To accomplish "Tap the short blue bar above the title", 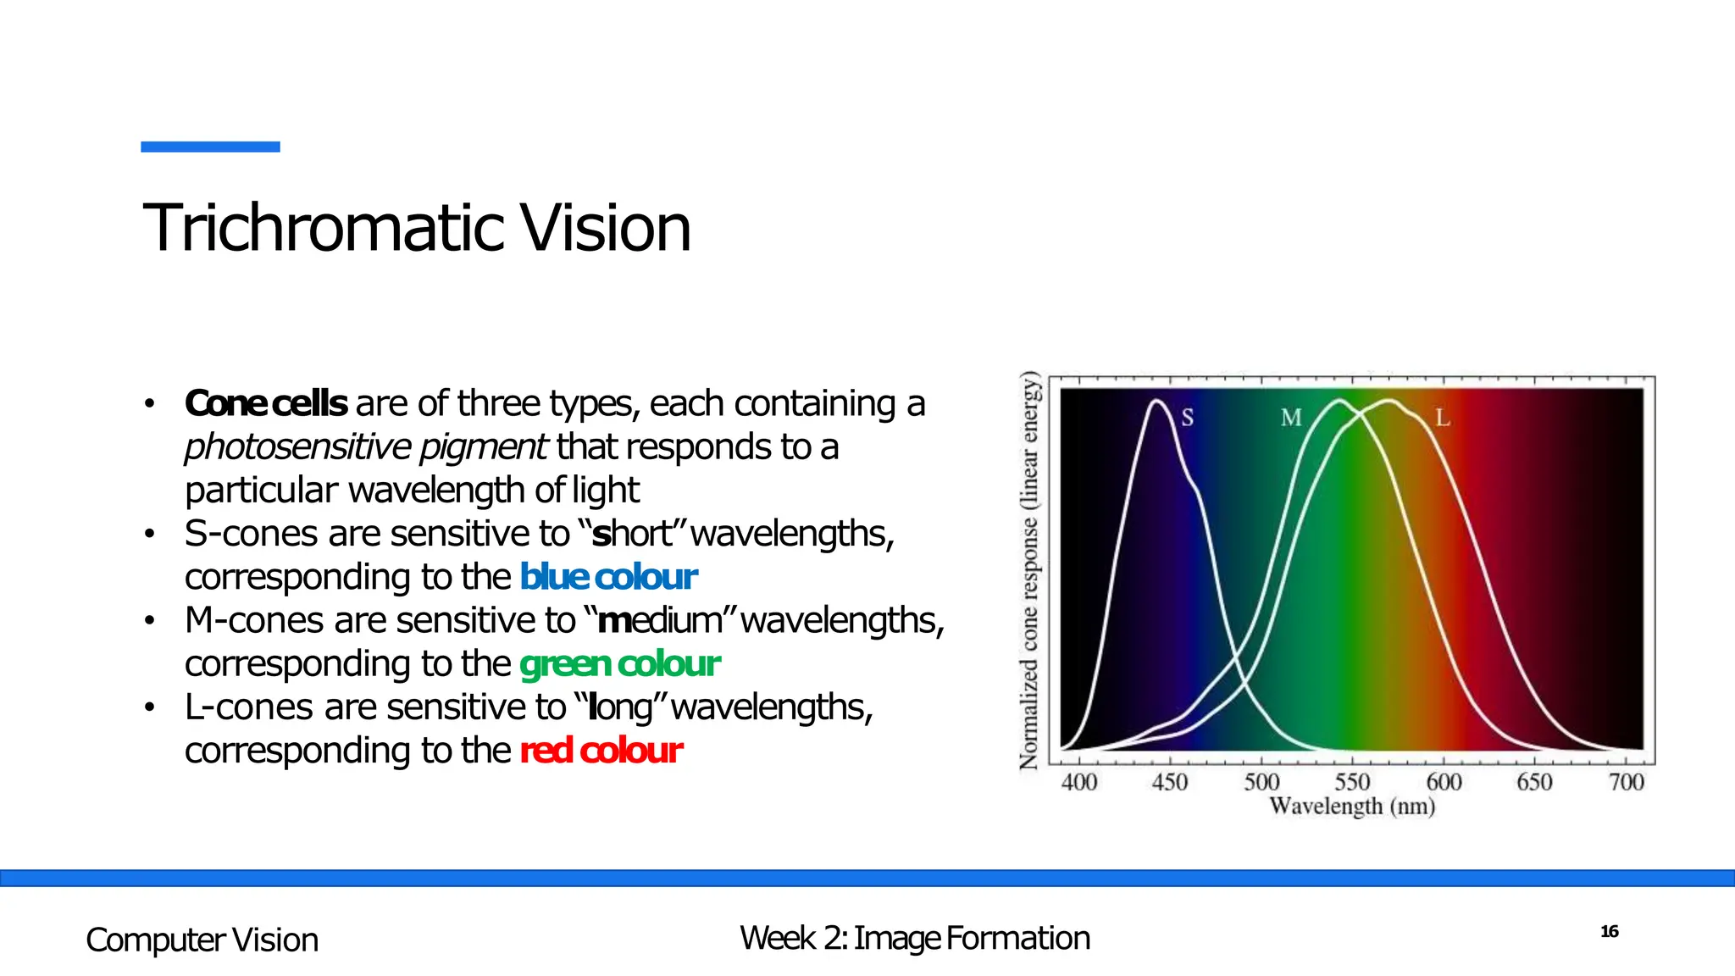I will [x=210, y=147].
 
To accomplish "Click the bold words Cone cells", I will [x=265, y=404].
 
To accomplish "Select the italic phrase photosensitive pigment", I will [x=366, y=447].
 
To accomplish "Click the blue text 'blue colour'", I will [x=607, y=578].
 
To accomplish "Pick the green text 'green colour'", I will [x=619, y=664].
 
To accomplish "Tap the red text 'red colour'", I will [x=601, y=751].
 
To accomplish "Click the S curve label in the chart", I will [x=1187, y=418].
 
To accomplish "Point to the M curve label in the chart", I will [x=1290, y=418].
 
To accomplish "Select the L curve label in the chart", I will [x=1442, y=418].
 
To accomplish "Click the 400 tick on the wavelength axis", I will [x=1078, y=782].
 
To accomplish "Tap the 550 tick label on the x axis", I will [x=1352, y=782].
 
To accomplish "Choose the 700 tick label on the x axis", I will [x=1626, y=782].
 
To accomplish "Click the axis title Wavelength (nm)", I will [x=1352, y=806].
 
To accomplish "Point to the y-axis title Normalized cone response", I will [x=1029, y=570].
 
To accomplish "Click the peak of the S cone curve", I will [x=1156, y=401].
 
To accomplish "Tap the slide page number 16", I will [x=1609, y=932].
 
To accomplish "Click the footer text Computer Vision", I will [x=202, y=940].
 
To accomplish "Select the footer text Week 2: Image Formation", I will [x=914, y=939].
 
